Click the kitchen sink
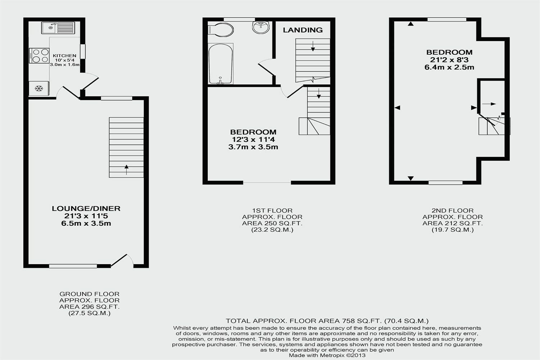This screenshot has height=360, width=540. coord(58,28)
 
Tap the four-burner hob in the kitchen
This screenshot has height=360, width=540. coord(40,55)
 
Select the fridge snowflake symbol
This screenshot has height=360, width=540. coord(39,88)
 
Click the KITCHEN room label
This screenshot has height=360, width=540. coord(64,56)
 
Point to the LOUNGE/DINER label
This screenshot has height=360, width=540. coord(86,208)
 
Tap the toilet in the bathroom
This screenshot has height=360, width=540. coord(220,30)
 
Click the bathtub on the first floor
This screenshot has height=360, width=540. coord(221,64)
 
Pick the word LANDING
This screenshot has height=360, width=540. coord(303,30)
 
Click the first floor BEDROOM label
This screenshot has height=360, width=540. coord(253,132)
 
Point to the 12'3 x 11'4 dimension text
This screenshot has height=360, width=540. coord(253,140)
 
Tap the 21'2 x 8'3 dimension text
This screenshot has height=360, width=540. coord(449,60)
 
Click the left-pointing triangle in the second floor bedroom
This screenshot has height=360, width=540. coord(397,107)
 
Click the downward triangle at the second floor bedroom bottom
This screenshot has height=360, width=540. coord(411,178)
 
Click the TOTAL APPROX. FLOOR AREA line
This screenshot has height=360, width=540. coord(327,321)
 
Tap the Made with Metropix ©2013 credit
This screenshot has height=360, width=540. coord(327,355)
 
